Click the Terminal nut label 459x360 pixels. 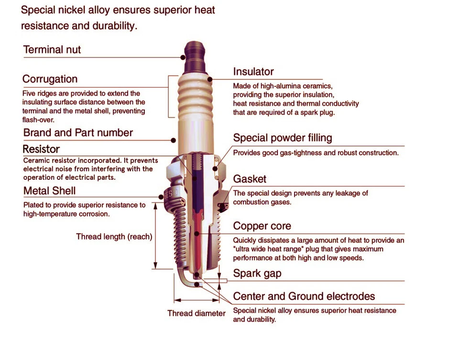(52, 50)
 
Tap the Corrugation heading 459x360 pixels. (50, 79)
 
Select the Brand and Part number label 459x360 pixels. (78, 133)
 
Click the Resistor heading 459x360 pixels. (41, 149)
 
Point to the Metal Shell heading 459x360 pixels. (49, 191)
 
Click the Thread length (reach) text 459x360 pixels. (114, 237)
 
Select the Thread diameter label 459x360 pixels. (196, 314)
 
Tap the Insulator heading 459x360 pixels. (253, 72)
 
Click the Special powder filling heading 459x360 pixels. (282, 138)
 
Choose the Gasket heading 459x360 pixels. (249, 179)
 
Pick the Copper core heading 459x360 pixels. (262, 226)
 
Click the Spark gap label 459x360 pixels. (257, 273)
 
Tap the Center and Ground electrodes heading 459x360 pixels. (304, 296)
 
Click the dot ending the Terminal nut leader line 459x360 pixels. (183, 57)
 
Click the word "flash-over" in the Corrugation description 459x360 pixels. (38, 120)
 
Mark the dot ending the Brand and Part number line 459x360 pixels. (174, 140)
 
